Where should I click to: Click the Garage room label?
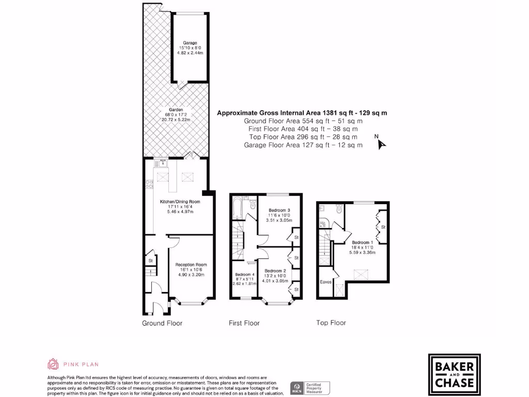(x=190, y=43)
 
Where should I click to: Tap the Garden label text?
(x=174, y=114)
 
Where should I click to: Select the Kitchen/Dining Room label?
(x=176, y=202)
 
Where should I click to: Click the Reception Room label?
(x=191, y=265)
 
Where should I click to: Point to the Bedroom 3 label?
(x=279, y=210)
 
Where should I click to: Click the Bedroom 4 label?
(x=245, y=274)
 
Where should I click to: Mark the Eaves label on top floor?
(x=325, y=282)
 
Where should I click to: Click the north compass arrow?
(x=381, y=143)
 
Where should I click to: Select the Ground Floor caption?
(x=162, y=323)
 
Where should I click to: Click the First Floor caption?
(x=244, y=323)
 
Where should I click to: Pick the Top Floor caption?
(x=331, y=323)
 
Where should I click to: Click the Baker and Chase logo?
(x=454, y=374)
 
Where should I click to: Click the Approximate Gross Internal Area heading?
(x=302, y=112)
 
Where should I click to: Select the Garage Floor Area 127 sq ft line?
(x=303, y=145)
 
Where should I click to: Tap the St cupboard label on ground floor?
(x=150, y=261)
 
